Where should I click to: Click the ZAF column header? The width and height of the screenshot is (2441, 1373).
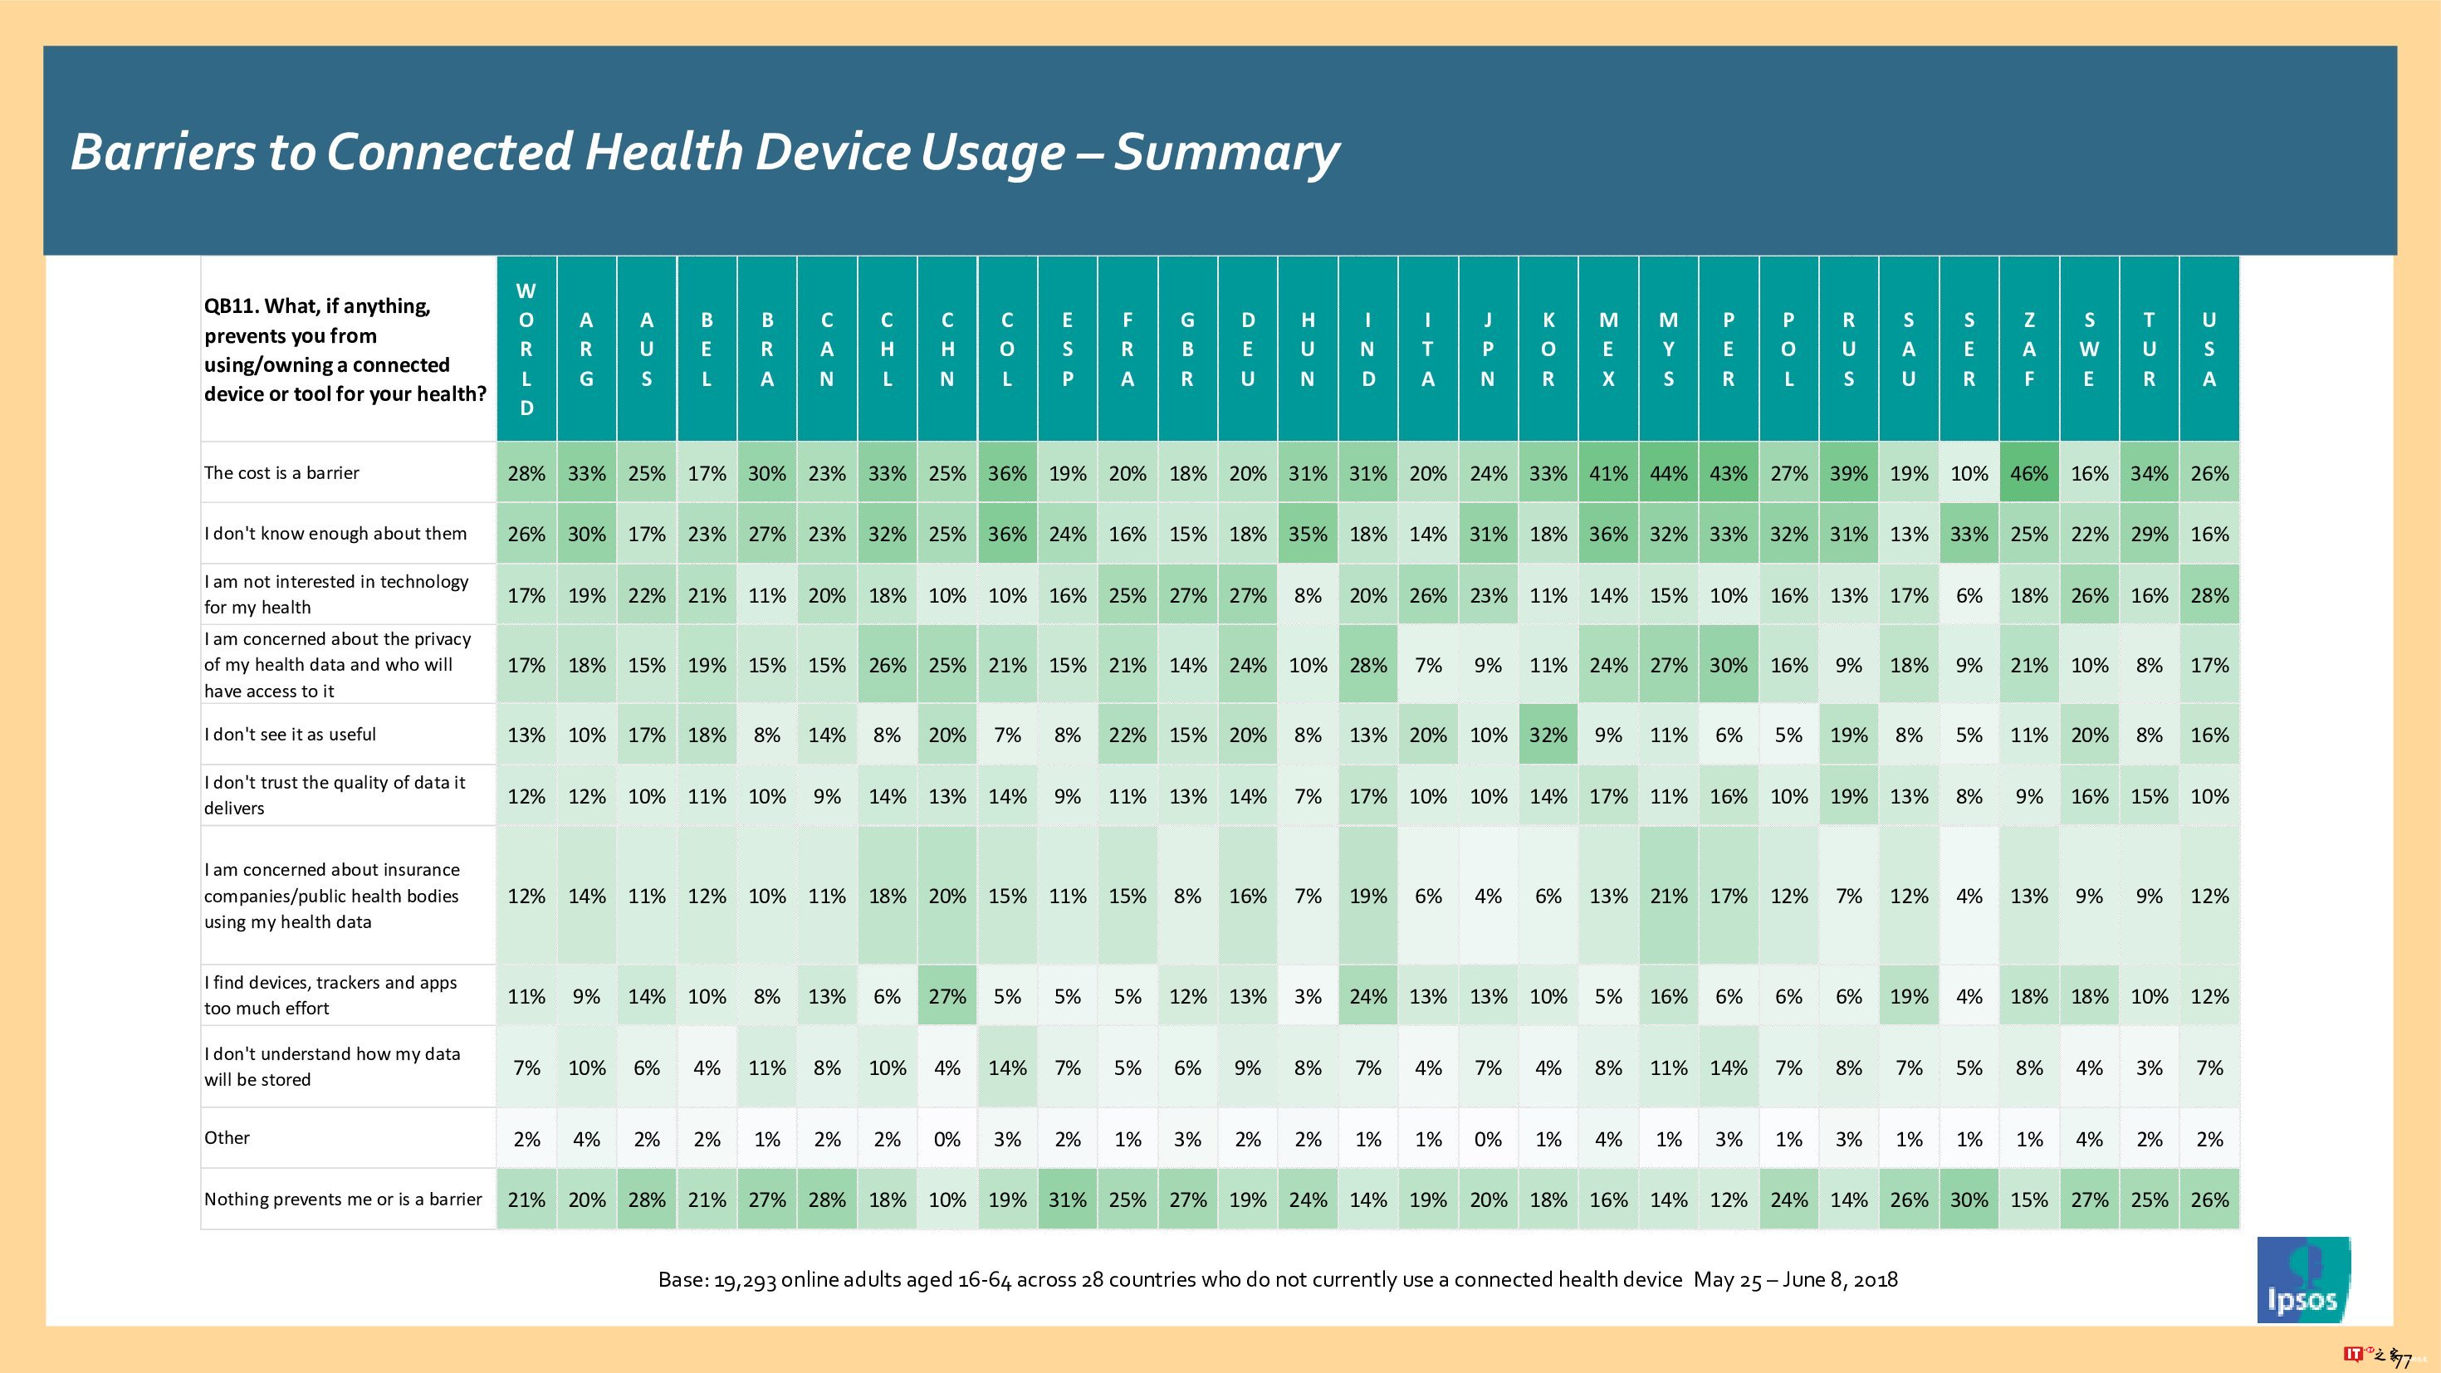pos(2029,349)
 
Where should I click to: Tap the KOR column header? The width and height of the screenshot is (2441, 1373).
pos(1548,349)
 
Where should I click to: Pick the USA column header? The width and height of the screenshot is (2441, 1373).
pos(2209,349)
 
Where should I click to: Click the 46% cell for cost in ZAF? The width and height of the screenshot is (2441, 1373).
pos(2029,473)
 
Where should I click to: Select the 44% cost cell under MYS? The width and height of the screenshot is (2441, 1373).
pos(1669,473)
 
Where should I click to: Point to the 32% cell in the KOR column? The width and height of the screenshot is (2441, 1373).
pos(1548,735)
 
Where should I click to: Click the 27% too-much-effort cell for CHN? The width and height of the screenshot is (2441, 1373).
pos(947,996)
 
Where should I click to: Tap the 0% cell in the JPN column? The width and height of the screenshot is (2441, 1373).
pos(1488,1139)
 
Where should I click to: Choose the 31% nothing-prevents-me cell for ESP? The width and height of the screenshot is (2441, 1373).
pos(1068,1200)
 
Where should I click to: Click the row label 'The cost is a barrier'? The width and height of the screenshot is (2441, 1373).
pos(281,473)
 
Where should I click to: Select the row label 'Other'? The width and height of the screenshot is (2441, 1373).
pos(227,1138)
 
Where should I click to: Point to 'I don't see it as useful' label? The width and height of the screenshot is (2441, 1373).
pos(290,735)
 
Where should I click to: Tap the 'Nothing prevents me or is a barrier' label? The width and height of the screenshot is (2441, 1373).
pos(343,1200)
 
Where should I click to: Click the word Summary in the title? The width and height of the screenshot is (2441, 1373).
pos(1226,152)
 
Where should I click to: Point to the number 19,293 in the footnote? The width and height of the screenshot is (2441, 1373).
pos(745,1280)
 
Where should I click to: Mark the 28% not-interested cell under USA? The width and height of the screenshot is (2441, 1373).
pos(2209,595)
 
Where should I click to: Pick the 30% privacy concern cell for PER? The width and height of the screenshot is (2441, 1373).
pos(1729,664)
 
